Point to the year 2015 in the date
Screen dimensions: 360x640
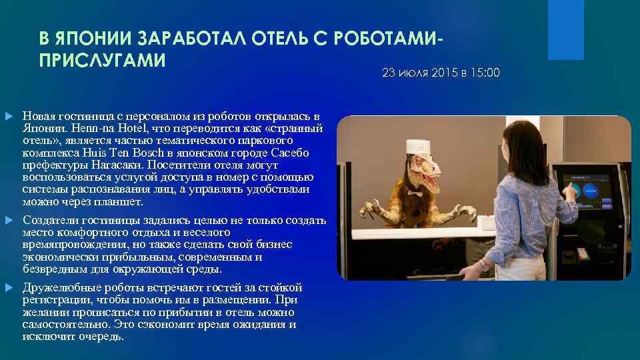(x=443, y=72)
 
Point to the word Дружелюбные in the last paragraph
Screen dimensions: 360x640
(x=59, y=288)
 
